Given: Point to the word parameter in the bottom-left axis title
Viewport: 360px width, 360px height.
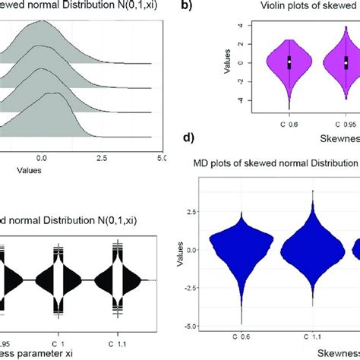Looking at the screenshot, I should pyautogui.click(x=43, y=353).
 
